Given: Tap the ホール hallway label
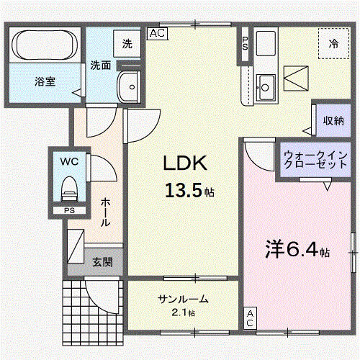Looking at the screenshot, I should (105, 212).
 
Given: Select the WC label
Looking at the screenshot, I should (69, 161).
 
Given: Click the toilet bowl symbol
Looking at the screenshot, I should (69, 189).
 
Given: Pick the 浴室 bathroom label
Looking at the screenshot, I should (45, 82).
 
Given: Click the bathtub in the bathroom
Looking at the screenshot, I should (45, 45).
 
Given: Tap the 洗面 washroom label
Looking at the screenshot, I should (100, 65).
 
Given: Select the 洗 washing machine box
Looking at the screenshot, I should (127, 43).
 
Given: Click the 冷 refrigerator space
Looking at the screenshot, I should (333, 44).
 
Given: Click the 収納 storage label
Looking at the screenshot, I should (333, 120).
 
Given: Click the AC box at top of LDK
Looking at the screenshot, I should (158, 32).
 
